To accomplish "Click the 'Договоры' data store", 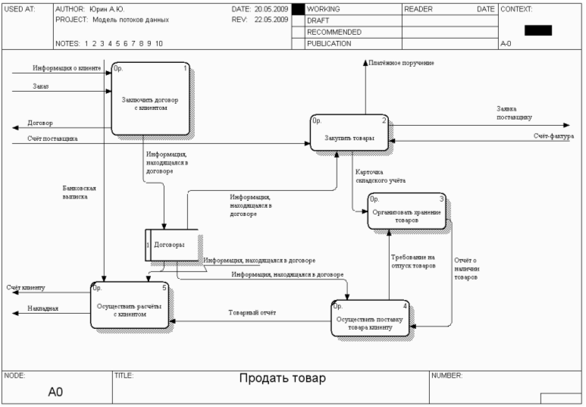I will (171, 245).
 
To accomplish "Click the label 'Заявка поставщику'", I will (514, 113).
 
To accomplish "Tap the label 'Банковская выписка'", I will (79, 191).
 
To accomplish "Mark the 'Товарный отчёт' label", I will (247, 312).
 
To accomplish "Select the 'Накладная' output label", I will (42, 308).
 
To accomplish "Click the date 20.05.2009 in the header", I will (271, 8).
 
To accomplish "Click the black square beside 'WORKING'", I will (298, 9).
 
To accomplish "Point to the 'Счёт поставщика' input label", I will (52, 139).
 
